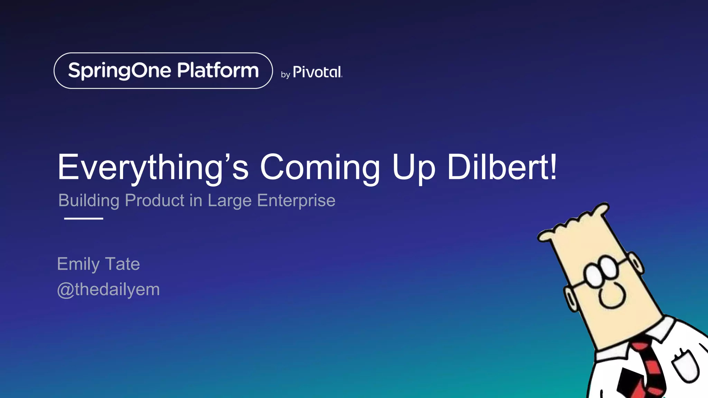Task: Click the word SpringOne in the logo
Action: click(120, 71)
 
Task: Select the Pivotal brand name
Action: click(317, 72)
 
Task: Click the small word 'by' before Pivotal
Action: click(285, 75)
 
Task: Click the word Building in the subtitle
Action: click(89, 200)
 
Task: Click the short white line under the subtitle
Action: click(84, 218)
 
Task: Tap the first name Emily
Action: click(78, 264)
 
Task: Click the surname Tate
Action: click(122, 264)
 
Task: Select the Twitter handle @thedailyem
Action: click(108, 290)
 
